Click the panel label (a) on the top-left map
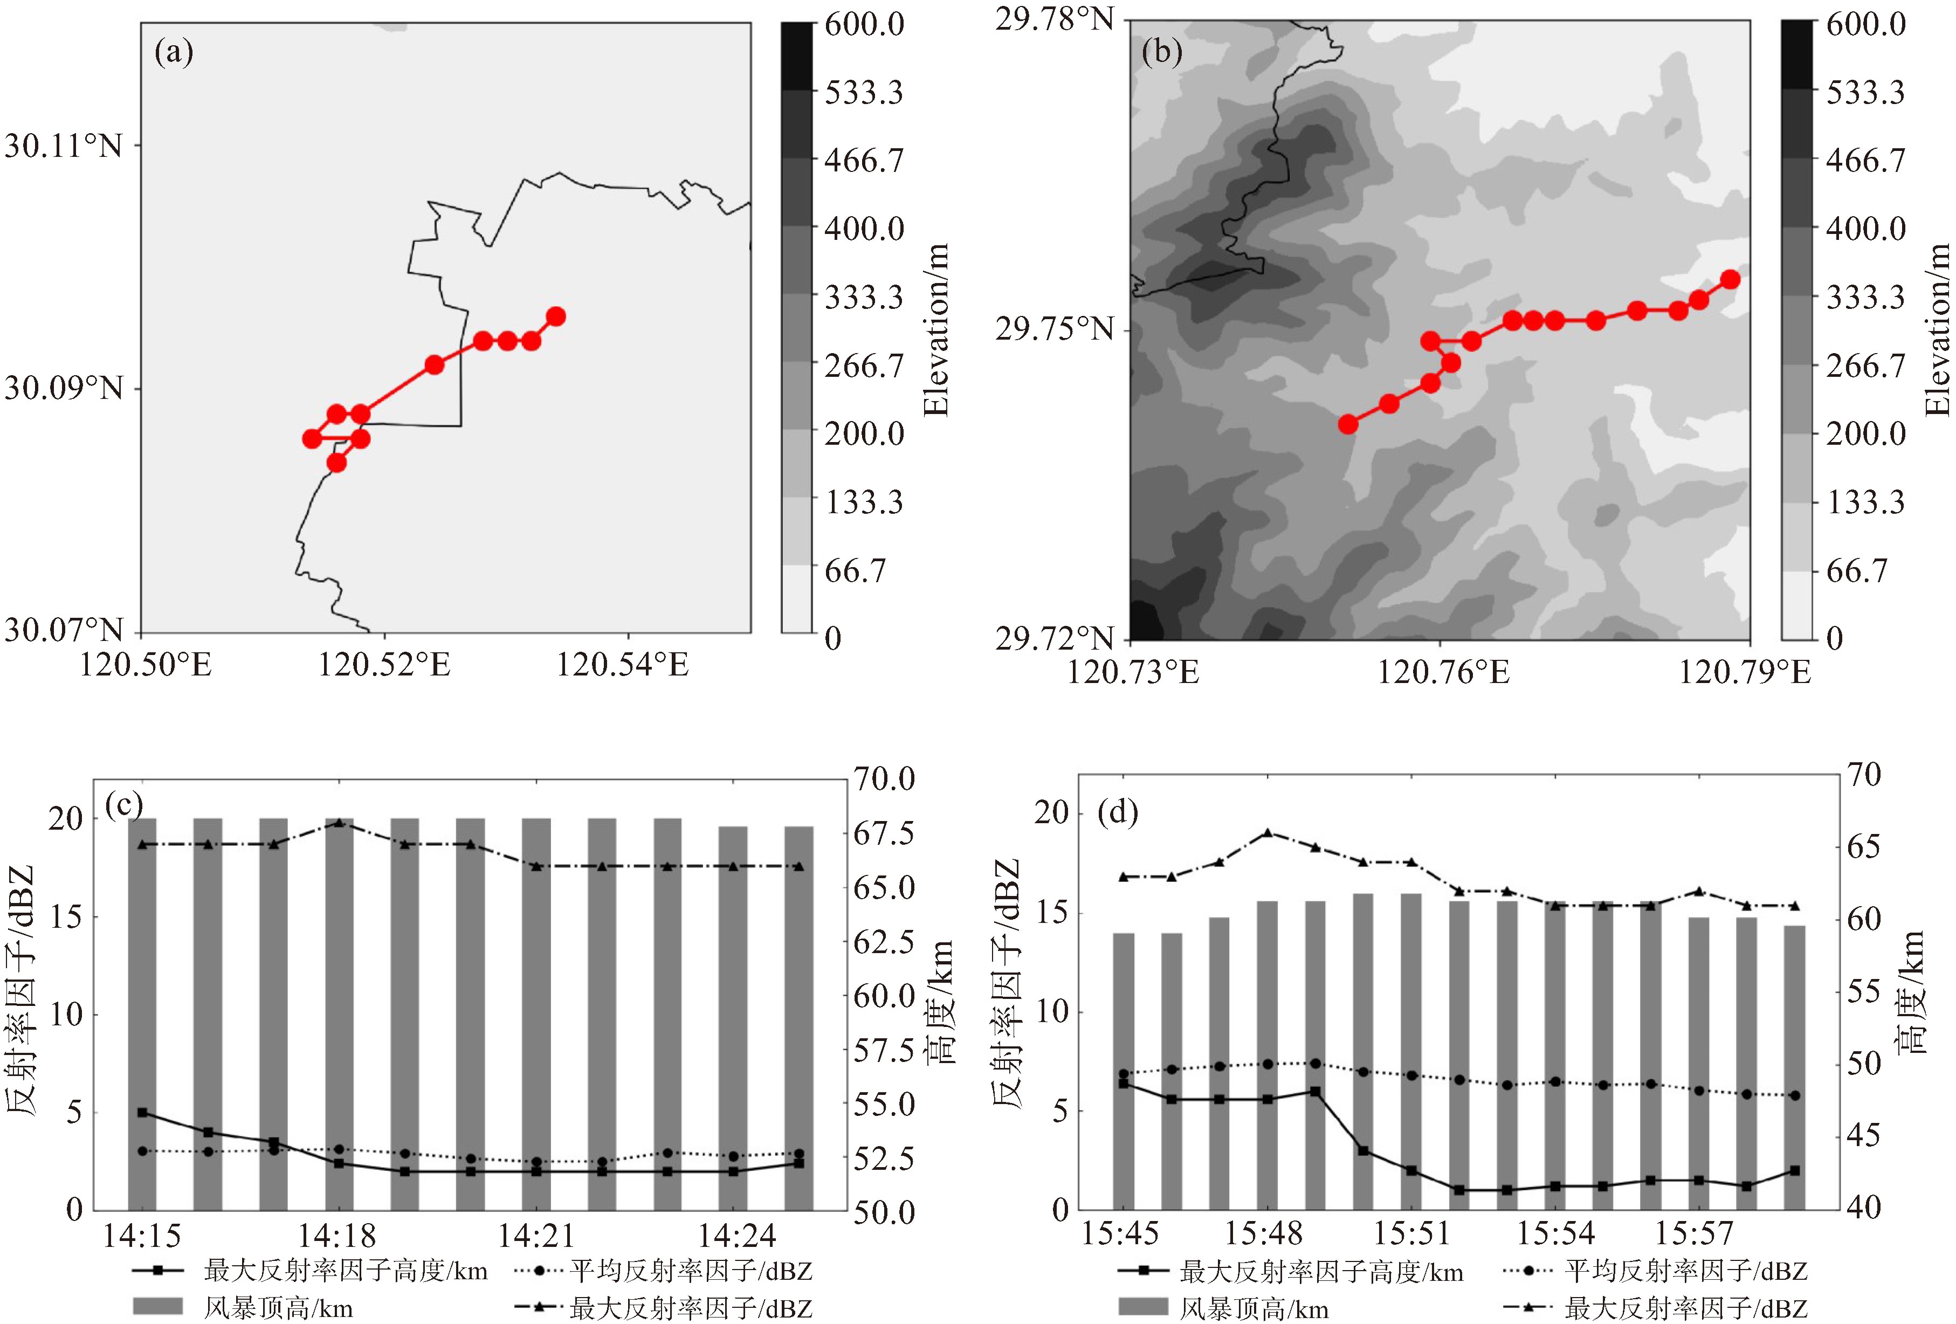[174, 52]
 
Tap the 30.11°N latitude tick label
[63, 147]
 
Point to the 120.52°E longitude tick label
[384, 665]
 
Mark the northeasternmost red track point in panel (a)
[555, 316]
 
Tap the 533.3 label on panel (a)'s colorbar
[864, 92]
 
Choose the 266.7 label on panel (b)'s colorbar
[1865, 366]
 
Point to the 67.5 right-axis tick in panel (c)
[884, 833]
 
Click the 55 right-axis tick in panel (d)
[1863, 991]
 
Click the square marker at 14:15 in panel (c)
[142, 1113]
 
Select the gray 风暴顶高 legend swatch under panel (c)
[157, 1306]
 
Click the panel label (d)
[1118, 812]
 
